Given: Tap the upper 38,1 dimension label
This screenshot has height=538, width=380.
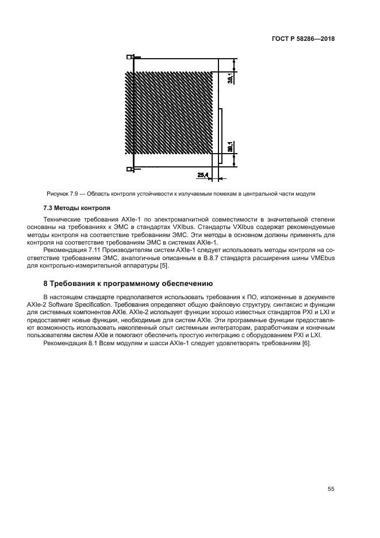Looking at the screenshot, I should pyautogui.click(x=230, y=76).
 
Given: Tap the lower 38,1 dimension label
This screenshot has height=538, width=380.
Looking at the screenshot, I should pyautogui.click(x=230, y=148).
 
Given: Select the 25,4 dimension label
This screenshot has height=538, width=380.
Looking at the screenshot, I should pyautogui.click(x=202, y=174).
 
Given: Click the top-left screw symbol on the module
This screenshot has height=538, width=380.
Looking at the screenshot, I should pyautogui.click(x=130, y=58).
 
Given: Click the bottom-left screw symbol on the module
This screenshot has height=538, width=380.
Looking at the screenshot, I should pyautogui.click(x=130, y=169).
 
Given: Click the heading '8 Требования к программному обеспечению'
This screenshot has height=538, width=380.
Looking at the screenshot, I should pyautogui.click(x=128, y=284).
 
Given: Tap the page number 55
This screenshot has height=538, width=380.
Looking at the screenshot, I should pyautogui.click(x=331, y=489).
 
